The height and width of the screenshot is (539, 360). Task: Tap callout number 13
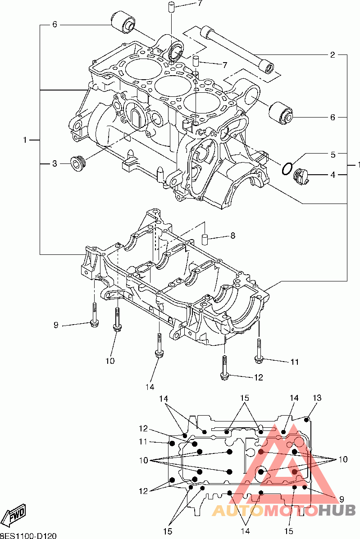[317, 398]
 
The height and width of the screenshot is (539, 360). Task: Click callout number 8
[232, 235]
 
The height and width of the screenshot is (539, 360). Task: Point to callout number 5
[333, 154]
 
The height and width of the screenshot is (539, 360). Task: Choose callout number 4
[333, 175]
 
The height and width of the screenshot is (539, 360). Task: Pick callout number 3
[55, 163]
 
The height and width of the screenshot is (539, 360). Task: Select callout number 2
[333, 55]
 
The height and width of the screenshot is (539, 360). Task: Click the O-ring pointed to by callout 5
[286, 168]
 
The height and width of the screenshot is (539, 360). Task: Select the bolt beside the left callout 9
[94, 315]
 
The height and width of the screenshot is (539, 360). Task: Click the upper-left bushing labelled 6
[123, 21]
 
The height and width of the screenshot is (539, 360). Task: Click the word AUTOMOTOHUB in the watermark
[284, 510]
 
